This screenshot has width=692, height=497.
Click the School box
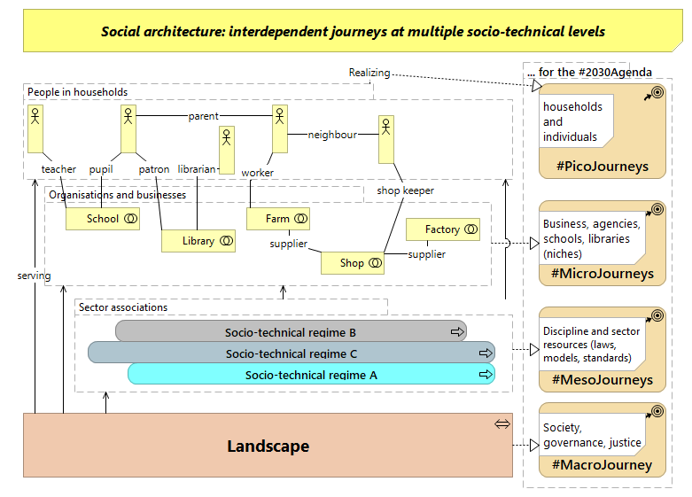[103, 219]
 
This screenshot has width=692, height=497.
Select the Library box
[198, 241]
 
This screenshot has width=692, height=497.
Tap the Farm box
[277, 219]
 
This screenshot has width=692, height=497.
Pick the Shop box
[352, 263]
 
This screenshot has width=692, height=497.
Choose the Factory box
[442, 229]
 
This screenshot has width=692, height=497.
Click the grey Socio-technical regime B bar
[291, 332]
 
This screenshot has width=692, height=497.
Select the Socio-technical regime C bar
[291, 353]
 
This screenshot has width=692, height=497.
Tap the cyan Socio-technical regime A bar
[311, 375]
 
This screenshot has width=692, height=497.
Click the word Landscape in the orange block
[268, 446]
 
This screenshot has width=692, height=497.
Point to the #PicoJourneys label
[602, 167]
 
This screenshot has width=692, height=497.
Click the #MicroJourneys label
[602, 274]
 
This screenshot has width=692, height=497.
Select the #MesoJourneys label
[602, 380]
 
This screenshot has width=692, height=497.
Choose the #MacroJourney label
[602, 465]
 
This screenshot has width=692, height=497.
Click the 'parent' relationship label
[203, 116]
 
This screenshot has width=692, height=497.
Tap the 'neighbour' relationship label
[332, 135]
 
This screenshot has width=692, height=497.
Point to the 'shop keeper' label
[405, 190]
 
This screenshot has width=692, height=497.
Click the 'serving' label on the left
[34, 276]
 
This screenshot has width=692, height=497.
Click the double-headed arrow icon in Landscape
[502, 424]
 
